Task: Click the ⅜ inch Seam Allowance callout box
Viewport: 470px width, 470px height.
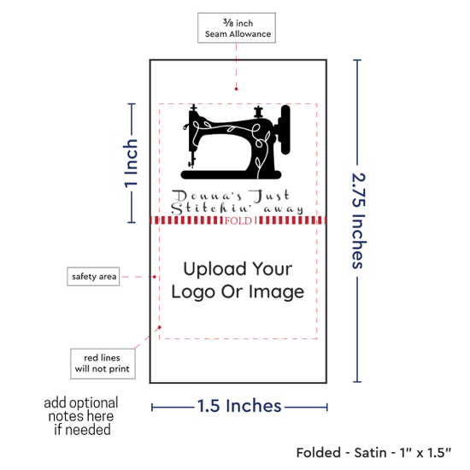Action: coord(237,27)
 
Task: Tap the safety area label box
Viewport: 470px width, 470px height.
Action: coord(93,276)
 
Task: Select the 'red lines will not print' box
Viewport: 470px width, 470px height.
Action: coord(103,363)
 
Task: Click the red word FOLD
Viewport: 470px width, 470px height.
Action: coord(238,221)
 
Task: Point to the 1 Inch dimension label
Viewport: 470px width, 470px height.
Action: coord(131,163)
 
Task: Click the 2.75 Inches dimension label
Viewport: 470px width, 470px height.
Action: coord(358,220)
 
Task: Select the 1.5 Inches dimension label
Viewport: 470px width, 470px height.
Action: coord(239,406)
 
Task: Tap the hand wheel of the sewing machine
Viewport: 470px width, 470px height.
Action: coord(285,130)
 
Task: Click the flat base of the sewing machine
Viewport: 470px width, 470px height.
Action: coord(231,174)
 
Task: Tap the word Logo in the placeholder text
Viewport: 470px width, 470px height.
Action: coord(193,292)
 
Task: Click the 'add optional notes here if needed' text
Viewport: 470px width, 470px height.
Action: coord(81,416)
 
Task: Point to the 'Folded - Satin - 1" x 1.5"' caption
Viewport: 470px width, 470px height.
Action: coord(373,453)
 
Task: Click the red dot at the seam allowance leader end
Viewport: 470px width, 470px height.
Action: coord(236,89)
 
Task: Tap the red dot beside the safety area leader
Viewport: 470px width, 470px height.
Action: coord(155,277)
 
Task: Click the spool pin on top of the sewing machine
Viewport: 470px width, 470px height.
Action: coord(258,112)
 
